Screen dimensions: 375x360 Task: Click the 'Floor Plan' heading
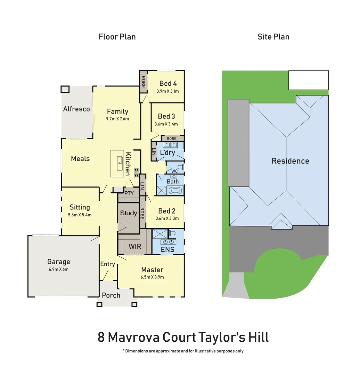click(117, 36)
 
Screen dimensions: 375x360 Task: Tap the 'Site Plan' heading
click(273, 36)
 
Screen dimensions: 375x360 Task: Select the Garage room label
click(59, 262)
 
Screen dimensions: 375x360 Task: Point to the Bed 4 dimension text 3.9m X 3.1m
click(167, 91)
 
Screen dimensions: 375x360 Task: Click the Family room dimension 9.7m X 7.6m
click(117, 119)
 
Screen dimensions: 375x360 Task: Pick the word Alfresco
click(76, 109)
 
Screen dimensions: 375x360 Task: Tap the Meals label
click(80, 159)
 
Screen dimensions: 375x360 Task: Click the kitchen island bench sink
click(120, 160)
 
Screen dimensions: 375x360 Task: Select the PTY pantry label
click(129, 193)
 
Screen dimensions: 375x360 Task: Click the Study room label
click(129, 213)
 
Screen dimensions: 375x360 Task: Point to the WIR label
click(134, 247)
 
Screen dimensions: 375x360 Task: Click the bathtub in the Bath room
click(175, 191)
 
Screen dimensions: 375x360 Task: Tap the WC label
click(174, 171)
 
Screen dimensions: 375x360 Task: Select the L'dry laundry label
click(167, 153)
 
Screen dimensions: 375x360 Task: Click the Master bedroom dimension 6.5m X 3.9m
click(152, 277)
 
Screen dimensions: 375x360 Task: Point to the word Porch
click(111, 295)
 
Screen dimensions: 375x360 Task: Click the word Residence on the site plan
click(290, 161)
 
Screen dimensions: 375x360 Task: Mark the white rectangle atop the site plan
click(309, 80)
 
